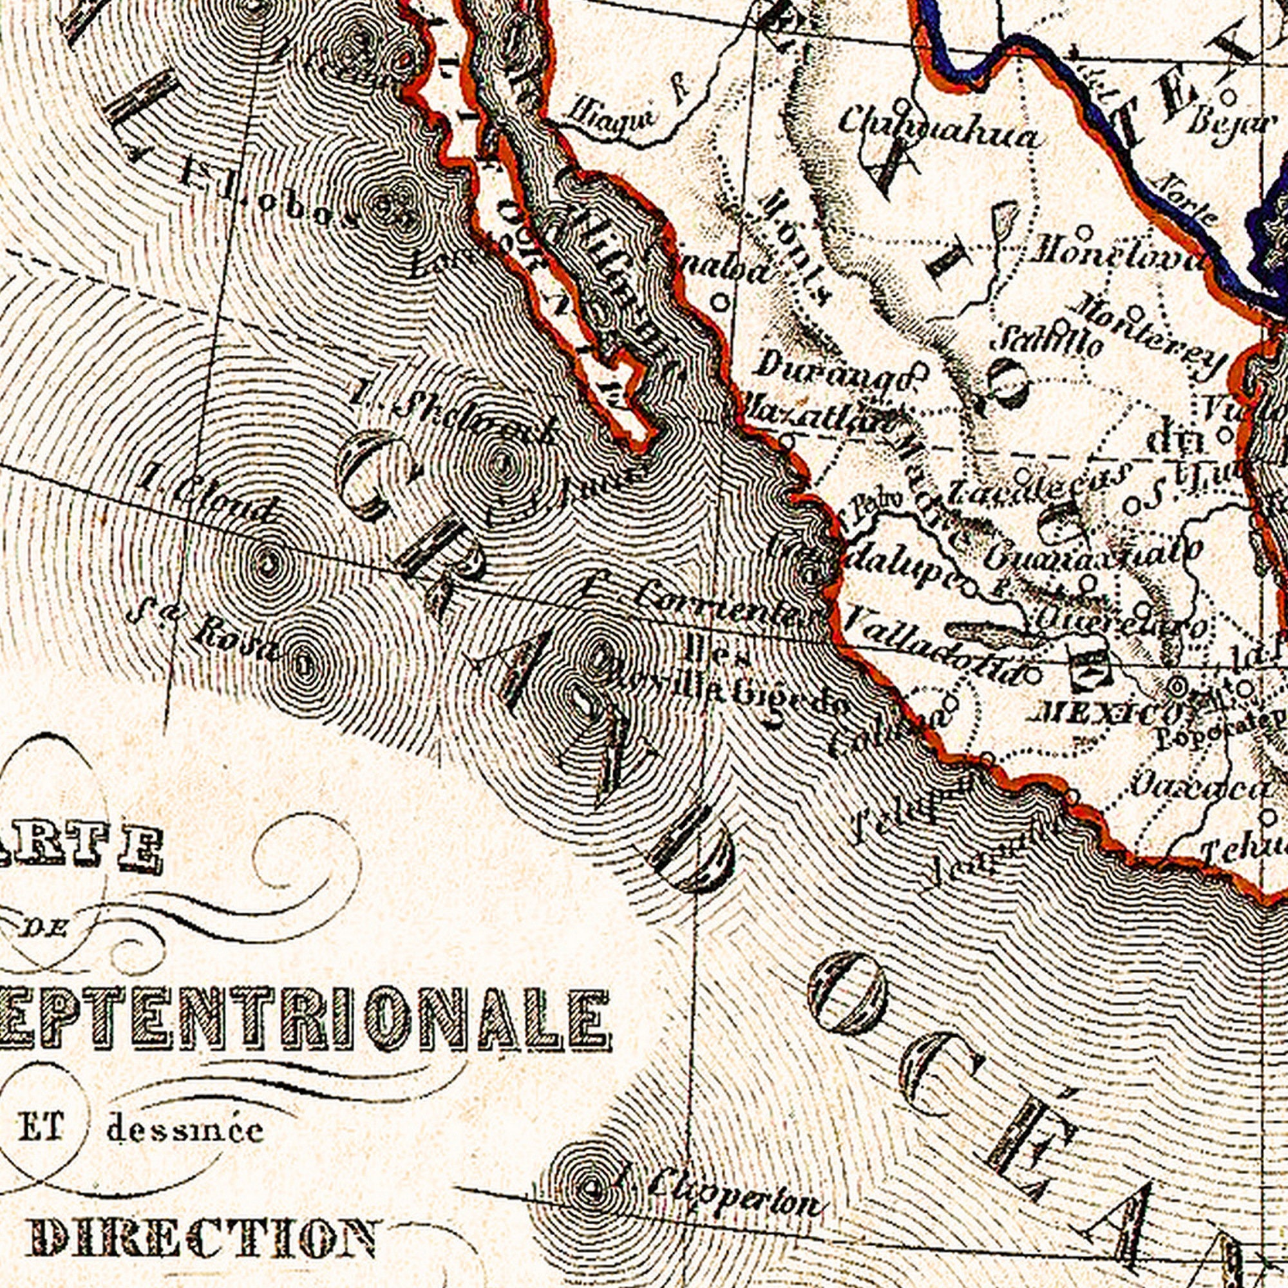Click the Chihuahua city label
click(936, 137)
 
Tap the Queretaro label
click(1120, 623)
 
